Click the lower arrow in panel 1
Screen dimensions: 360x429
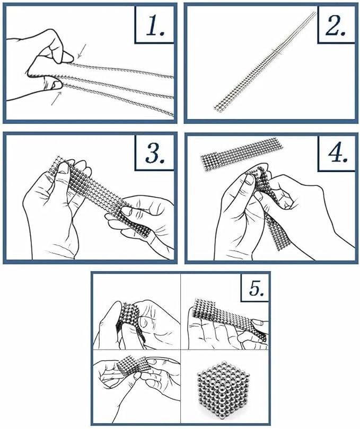pos(57,99)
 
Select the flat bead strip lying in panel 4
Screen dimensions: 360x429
pos(241,155)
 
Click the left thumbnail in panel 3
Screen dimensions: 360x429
pos(63,167)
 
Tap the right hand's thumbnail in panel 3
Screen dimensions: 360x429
pos(127,211)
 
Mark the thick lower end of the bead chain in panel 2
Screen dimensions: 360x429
pos(218,108)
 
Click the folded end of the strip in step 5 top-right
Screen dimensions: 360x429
pos(204,308)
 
